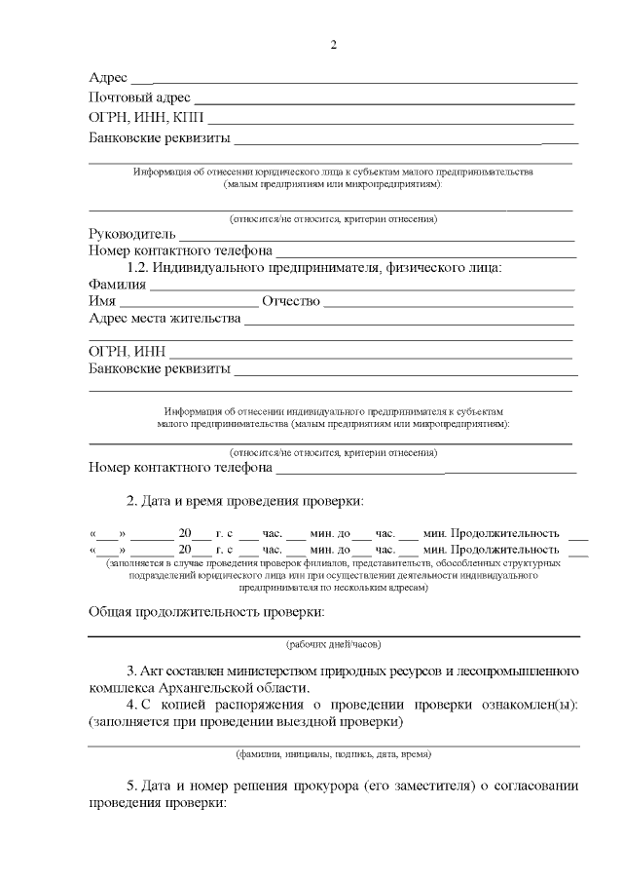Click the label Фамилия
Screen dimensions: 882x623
[117, 285]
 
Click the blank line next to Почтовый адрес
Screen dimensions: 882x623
[385, 100]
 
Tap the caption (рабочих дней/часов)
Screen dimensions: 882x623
[333, 645]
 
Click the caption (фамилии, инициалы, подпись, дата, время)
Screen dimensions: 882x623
[333, 754]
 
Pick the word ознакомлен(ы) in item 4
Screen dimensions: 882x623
[526, 706]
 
